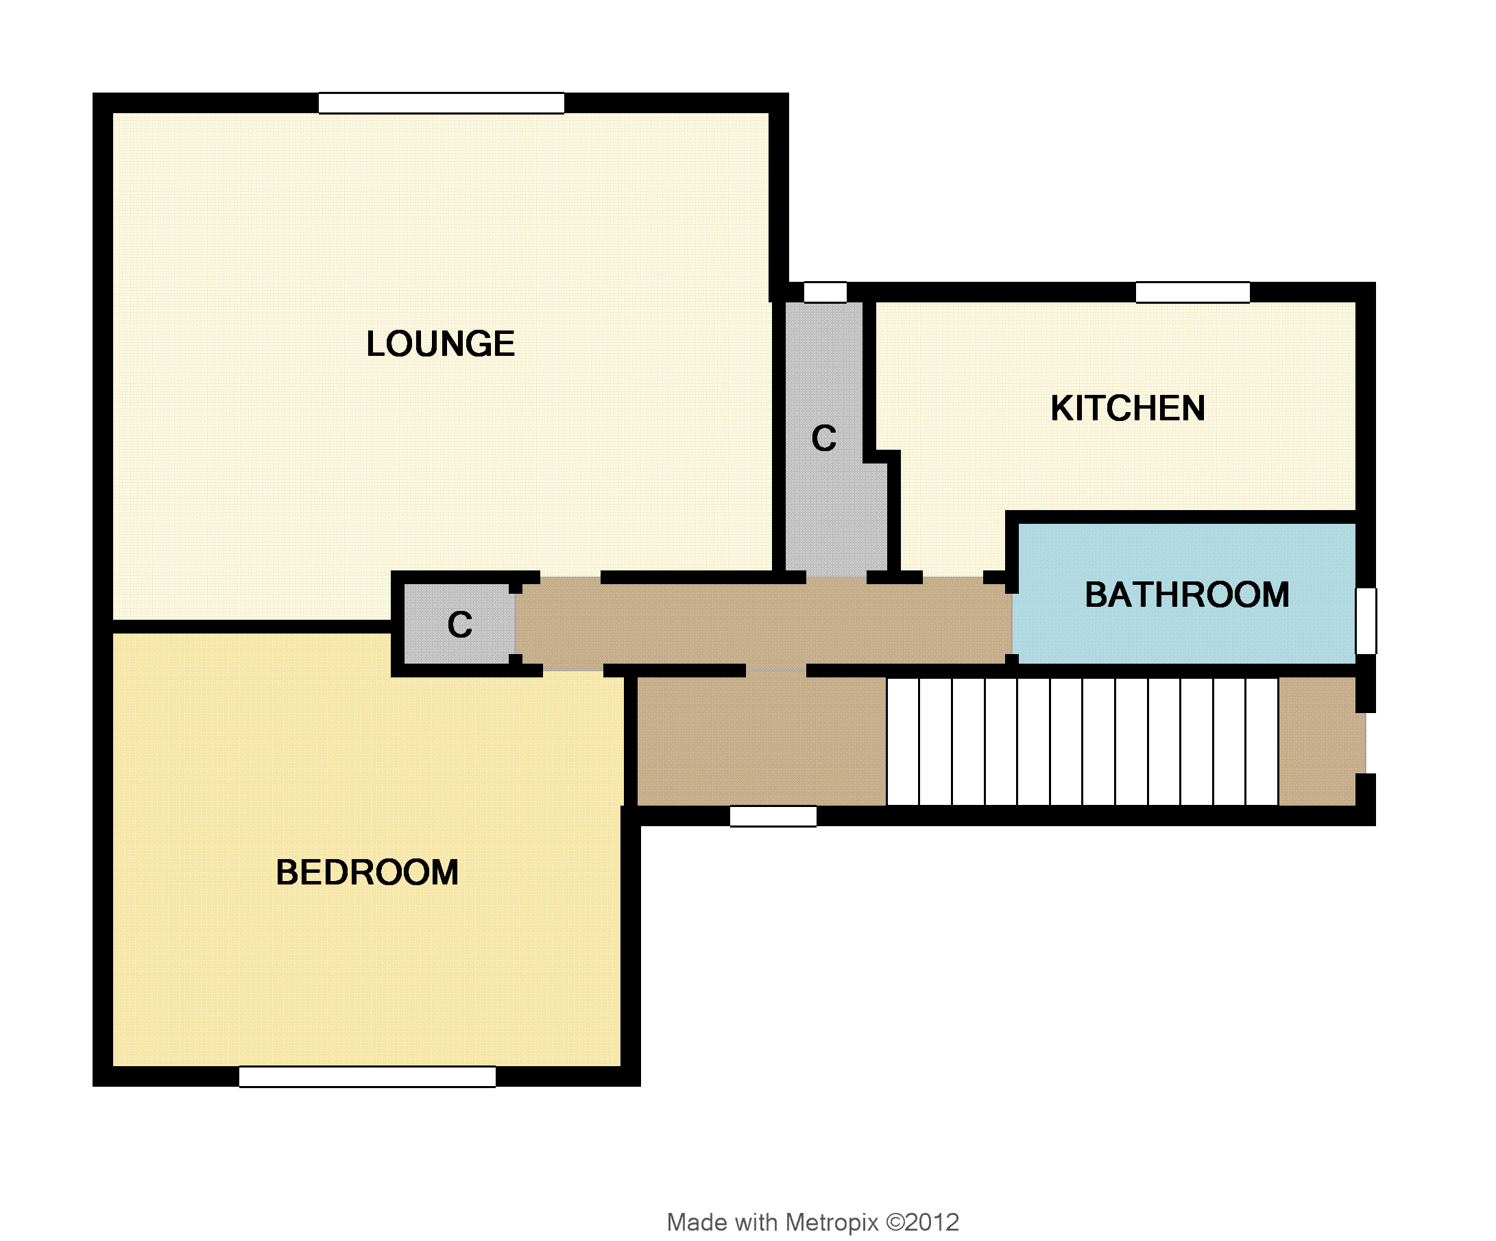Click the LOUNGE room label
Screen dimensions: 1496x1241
coord(440,344)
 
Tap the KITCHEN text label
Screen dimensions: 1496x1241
coord(1128,408)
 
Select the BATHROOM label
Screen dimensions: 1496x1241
coord(1187,595)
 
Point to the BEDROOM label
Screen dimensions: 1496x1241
coord(367,873)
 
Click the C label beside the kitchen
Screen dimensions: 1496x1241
coord(823,438)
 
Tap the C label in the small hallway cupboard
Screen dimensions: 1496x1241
coord(459,625)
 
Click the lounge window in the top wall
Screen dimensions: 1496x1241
coord(441,104)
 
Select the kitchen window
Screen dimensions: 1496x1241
coord(1192,292)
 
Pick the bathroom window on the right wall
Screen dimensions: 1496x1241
coord(1366,620)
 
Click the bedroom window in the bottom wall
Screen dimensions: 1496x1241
coord(367,1076)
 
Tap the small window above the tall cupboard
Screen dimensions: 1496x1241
coord(825,292)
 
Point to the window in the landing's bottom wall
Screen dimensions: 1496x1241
coord(773,817)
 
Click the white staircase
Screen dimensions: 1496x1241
coord(1082,742)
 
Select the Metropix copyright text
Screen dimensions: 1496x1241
coord(813,1222)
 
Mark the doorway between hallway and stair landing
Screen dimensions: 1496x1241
coord(776,671)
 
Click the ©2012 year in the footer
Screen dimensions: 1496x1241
coord(923,1222)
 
